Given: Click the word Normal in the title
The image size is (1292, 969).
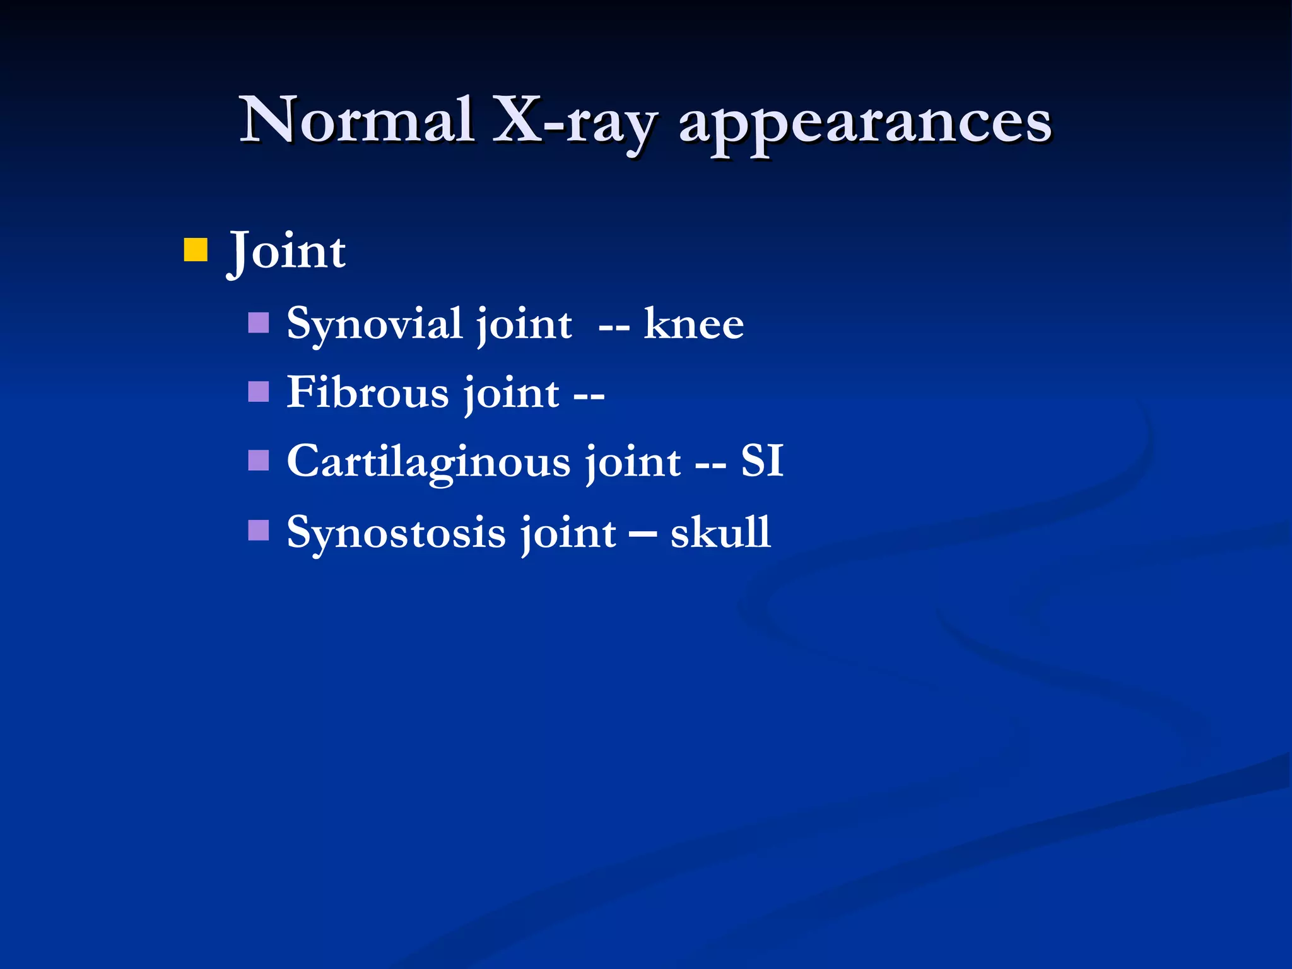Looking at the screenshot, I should click(357, 120).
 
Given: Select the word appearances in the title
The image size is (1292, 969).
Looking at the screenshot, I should click(865, 124).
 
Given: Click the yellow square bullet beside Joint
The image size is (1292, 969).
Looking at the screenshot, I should click(196, 249).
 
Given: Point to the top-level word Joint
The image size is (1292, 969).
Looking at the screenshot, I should click(287, 251).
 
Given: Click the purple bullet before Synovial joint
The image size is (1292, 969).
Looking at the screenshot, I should click(259, 322).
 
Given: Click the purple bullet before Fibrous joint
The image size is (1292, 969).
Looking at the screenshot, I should click(259, 392).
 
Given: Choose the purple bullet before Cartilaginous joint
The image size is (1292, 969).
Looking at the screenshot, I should click(259, 461).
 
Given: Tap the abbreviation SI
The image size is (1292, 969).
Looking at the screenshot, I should click(762, 461).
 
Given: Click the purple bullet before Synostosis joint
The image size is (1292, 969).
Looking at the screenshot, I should click(259, 531).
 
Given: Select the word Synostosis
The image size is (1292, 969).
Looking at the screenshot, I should click(396, 532).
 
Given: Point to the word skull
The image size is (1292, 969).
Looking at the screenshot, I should click(720, 532).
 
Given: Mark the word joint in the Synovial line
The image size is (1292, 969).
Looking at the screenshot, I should click(524, 326).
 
